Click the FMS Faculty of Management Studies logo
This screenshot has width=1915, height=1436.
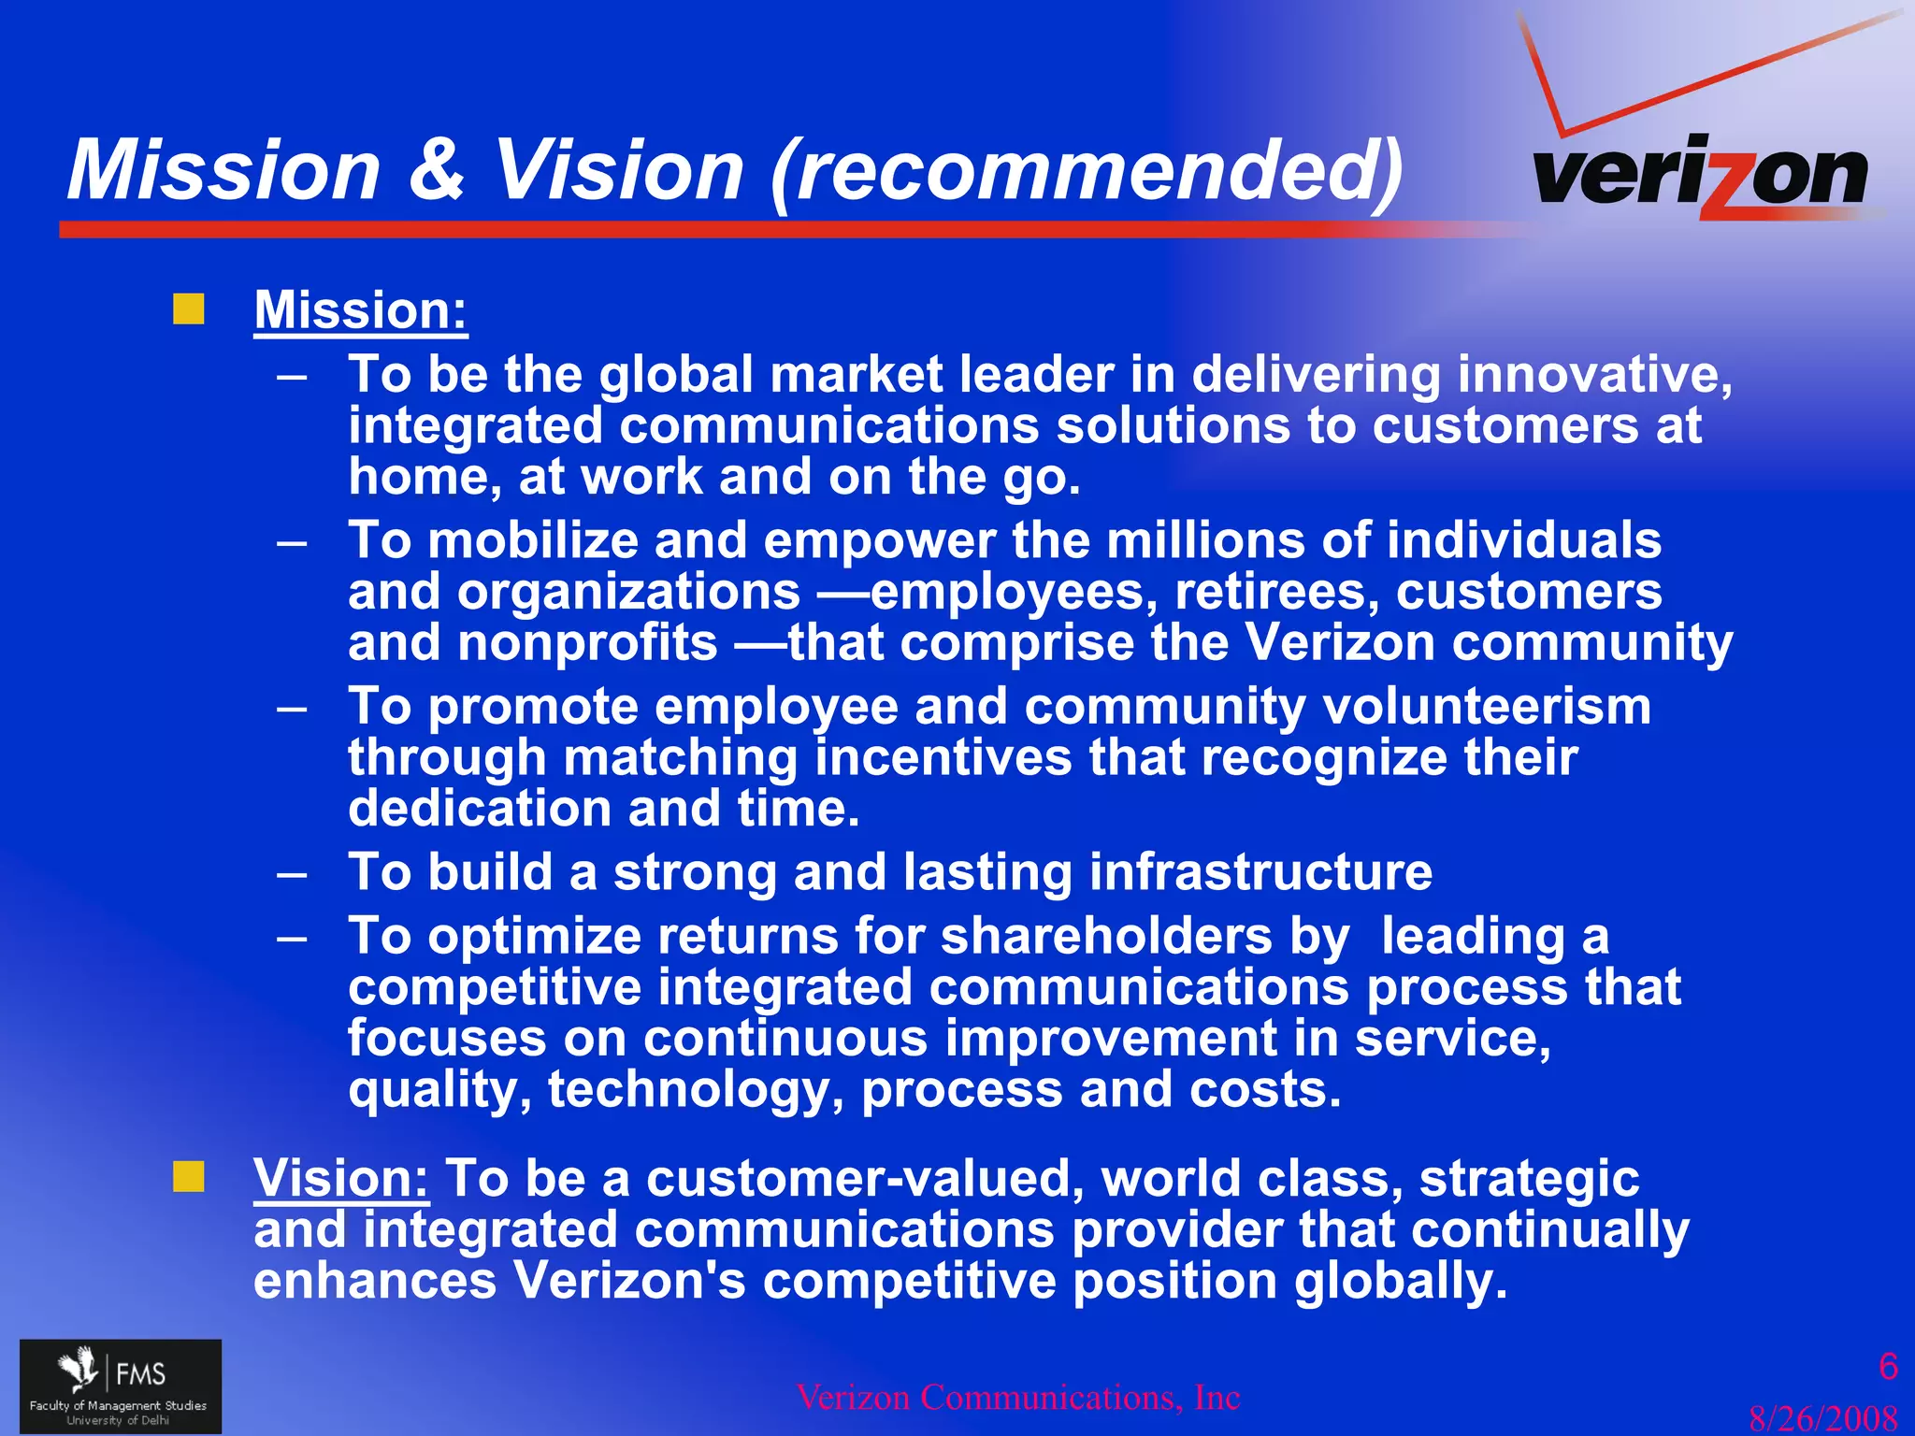pyautogui.click(x=121, y=1386)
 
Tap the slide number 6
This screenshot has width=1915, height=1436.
pyautogui.click(x=1888, y=1367)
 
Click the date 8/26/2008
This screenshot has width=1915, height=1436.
pyautogui.click(x=1823, y=1418)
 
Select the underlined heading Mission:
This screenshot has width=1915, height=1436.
pyautogui.click(x=360, y=309)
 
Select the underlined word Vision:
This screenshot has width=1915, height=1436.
pyautogui.click(x=341, y=1178)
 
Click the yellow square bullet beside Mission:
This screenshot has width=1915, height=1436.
pyautogui.click(x=189, y=309)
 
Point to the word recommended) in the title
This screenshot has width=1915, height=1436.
pyautogui.click(x=1087, y=170)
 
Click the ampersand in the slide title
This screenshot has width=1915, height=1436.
pyautogui.click(x=437, y=170)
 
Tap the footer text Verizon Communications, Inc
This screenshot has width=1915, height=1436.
pyautogui.click(x=1017, y=1398)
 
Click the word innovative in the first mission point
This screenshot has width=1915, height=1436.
pyautogui.click(x=1594, y=374)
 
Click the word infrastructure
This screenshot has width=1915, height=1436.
pyautogui.click(x=1260, y=871)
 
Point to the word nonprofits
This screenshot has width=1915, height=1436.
pyautogui.click(x=587, y=643)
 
